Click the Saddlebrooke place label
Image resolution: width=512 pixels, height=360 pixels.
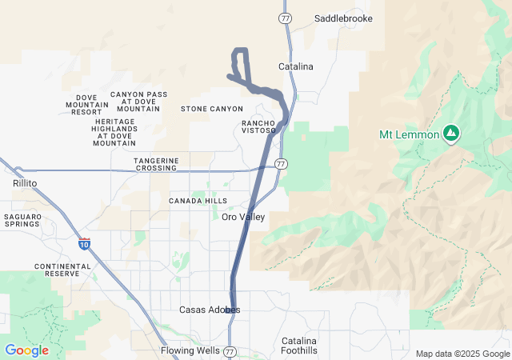[343, 18]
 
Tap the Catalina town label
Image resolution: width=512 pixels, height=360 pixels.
[296, 66]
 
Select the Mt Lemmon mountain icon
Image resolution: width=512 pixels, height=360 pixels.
[451, 133]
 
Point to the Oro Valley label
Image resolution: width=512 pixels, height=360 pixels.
[243, 217]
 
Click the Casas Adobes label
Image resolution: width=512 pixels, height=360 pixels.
[210, 310]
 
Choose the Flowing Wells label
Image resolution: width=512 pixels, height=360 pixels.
[189, 350]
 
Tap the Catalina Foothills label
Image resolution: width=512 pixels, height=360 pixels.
[299, 346]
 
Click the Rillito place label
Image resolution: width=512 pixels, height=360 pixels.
[26, 183]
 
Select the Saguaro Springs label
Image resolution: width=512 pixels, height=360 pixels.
[22, 220]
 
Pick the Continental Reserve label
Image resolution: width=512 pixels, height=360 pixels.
[57, 270]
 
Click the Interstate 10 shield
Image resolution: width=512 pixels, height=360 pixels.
[85, 244]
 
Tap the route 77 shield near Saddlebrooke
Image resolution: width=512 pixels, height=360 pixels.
[286, 17]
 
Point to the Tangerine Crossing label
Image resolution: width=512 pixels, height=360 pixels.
[156, 164]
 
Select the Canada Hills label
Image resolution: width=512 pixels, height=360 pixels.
[198, 201]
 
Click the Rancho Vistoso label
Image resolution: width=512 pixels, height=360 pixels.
[258, 126]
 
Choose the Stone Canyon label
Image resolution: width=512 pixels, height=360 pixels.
[212, 109]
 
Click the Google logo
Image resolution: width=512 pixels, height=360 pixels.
[26, 350]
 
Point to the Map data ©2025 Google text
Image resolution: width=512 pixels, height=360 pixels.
[462, 354]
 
